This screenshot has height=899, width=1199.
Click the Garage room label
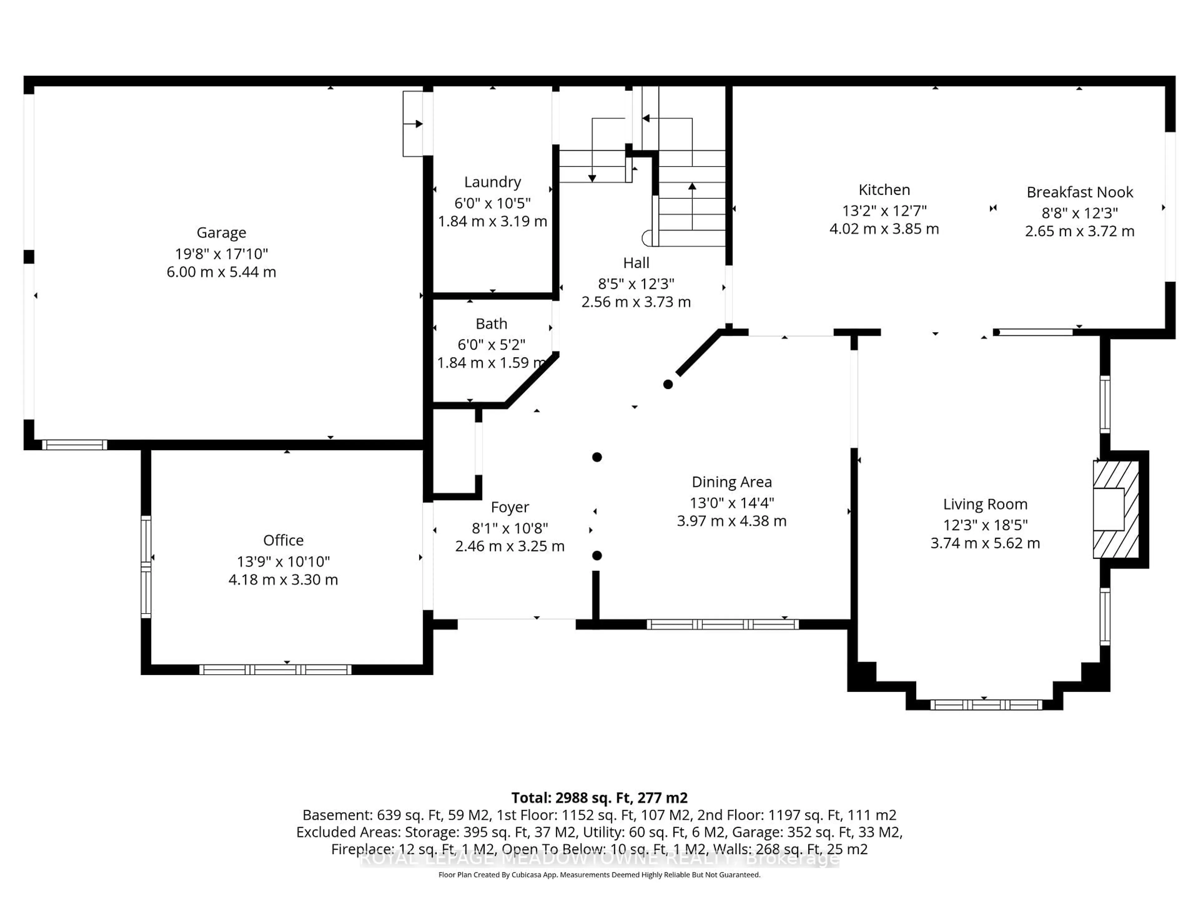[221, 233]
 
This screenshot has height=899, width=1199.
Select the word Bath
[491, 323]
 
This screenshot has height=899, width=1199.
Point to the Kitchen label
[884, 190]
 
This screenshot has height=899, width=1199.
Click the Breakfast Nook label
[1079, 192]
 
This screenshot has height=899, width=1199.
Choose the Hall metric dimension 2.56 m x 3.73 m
[636, 302]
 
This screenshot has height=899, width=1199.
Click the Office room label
[283, 540]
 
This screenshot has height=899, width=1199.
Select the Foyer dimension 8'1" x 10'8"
[510, 528]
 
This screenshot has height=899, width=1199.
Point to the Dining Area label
[731, 482]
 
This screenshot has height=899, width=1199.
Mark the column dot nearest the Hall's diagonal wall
[668, 384]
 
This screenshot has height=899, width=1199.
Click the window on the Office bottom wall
[275, 670]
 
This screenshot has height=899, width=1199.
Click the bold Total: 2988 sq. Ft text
[599, 798]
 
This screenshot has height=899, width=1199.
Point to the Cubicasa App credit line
[599, 875]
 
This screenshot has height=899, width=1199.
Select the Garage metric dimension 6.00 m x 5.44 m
[221, 272]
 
